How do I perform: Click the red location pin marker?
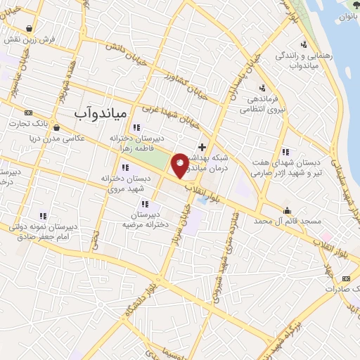[181, 165]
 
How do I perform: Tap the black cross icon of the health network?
[202, 147]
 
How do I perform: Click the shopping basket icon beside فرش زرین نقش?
[27, 29]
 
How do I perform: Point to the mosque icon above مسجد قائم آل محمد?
[287, 210]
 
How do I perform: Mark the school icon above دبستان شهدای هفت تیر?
[285, 152]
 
